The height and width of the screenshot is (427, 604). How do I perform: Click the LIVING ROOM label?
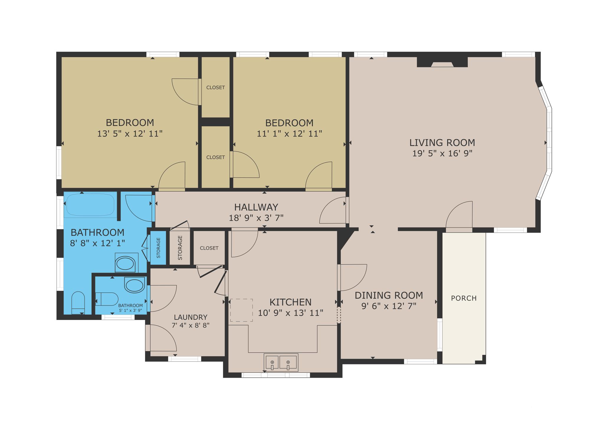442,143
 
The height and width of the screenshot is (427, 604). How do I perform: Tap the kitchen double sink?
281,362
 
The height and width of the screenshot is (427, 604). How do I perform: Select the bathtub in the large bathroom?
90,204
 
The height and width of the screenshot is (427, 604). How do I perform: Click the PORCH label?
464,298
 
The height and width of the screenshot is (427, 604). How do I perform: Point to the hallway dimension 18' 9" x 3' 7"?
256,218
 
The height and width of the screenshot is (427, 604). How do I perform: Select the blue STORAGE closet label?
158,248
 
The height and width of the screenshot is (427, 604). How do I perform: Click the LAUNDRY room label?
191,317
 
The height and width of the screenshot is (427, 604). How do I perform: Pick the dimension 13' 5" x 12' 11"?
130,134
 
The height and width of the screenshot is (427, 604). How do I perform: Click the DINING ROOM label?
389,295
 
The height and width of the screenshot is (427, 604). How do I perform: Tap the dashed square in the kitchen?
241,310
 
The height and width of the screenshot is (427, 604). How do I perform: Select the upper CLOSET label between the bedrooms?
216,88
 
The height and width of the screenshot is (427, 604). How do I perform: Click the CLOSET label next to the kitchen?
209,248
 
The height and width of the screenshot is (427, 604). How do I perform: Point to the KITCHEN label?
290,302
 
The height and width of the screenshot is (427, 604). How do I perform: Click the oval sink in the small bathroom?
134,285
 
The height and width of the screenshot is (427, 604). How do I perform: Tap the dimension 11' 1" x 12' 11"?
289,134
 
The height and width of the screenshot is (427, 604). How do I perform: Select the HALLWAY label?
256,207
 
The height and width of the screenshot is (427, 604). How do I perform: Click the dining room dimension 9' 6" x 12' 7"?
389,306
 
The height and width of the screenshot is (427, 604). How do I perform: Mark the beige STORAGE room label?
180,248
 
